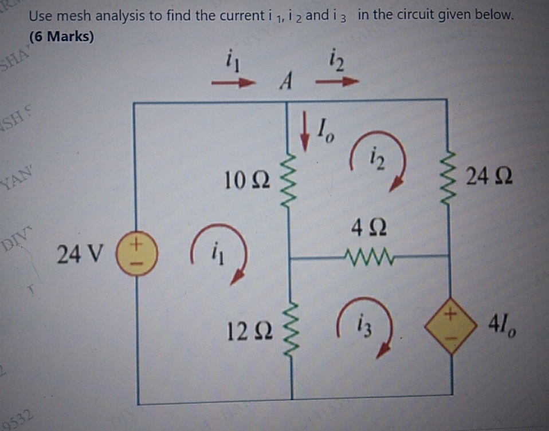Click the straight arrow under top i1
pyautogui.click(x=232, y=83)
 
